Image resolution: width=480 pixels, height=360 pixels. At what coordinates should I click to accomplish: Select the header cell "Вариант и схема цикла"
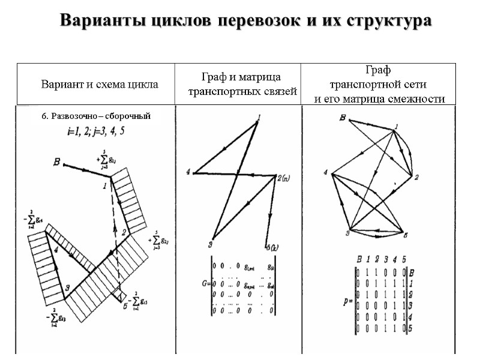pos(100,85)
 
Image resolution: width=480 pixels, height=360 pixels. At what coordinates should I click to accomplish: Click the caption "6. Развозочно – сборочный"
pos(96,116)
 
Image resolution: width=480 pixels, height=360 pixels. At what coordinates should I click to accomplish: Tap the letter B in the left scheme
pos(57,161)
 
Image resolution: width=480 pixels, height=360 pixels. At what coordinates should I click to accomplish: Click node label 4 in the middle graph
pos(187,173)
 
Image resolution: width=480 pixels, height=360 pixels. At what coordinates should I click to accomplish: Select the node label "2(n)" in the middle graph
pos(284,178)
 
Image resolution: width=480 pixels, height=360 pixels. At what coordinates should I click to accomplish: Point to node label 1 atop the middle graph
pos(259,117)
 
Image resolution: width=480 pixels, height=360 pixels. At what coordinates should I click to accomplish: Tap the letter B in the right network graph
pos(342,118)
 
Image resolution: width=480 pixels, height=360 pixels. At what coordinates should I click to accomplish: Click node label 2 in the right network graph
pos(416,177)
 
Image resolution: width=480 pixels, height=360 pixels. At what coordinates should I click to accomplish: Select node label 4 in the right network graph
pos(326,173)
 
